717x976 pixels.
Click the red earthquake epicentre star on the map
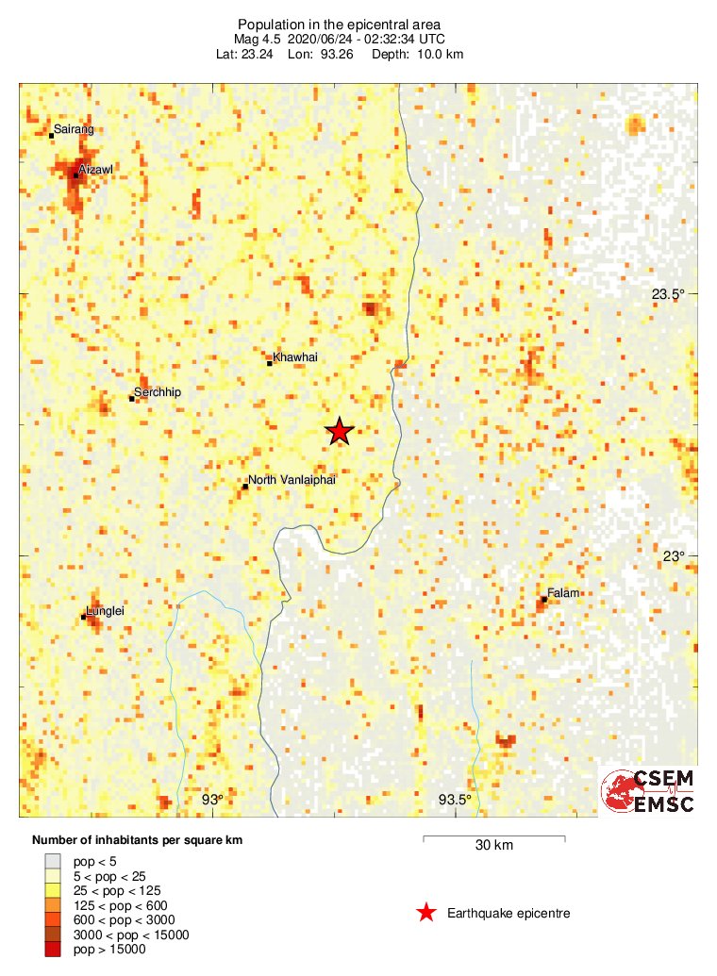click(340, 432)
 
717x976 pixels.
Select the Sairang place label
click(75, 129)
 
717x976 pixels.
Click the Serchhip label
click(158, 392)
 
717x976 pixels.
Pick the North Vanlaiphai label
click(292, 480)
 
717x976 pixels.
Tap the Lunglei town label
click(106, 611)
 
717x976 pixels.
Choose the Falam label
click(563, 593)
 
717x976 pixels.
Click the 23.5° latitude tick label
click(668, 294)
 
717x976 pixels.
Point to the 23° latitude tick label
click(672, 556)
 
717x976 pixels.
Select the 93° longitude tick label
click(212, 801)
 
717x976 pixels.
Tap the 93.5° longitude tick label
click(455, 801)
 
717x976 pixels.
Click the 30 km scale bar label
click(493, 845)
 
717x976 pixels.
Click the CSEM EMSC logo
click(649, 790)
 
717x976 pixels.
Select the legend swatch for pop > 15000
click(53, 950)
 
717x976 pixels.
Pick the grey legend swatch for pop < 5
click(53, 862)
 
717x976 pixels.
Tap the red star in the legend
click(426, 912)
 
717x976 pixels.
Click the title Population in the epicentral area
click(340, 24)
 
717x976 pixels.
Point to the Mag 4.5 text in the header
click(254, 39)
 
